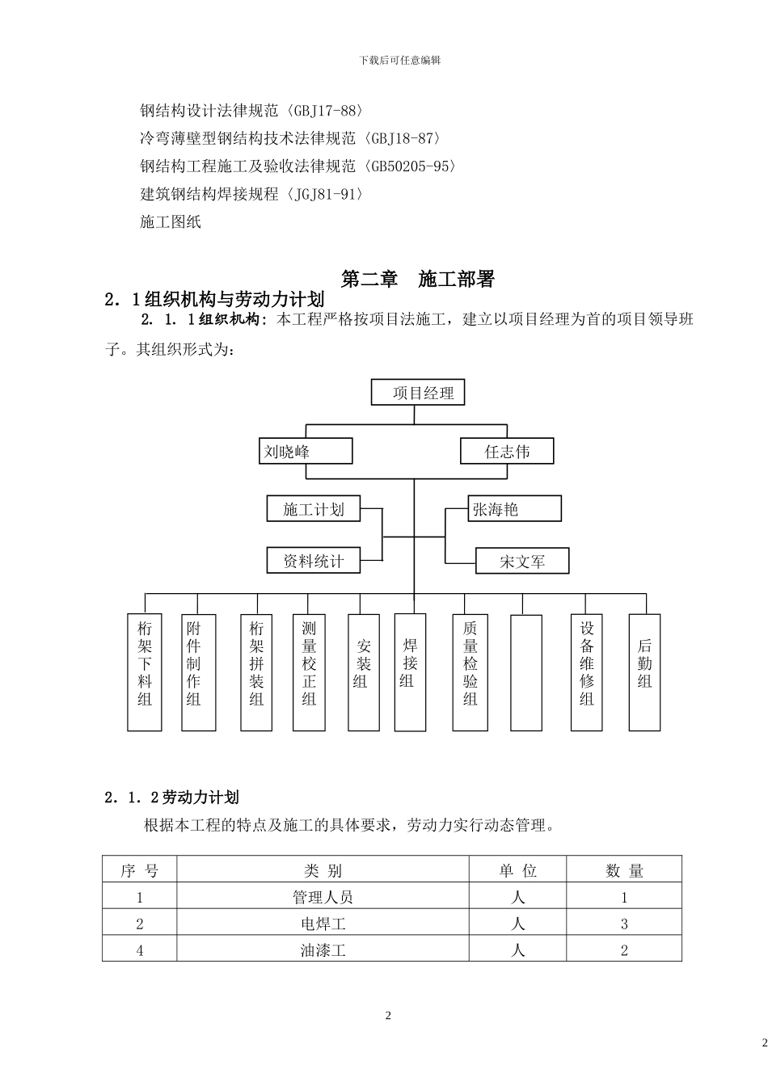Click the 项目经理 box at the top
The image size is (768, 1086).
point(418,394)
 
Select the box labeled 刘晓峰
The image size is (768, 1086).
point(306,451)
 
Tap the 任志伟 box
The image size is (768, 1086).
point(507,451)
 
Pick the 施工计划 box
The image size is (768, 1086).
point(313,509)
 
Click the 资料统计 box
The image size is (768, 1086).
point(313,560)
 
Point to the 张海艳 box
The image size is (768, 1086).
point(515,509)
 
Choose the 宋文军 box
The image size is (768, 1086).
point(522,561)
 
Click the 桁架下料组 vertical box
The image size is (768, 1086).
point(145,672)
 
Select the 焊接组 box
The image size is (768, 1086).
point(410,672)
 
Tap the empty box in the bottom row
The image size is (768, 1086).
point(526,672)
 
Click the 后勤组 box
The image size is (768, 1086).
point(644,672)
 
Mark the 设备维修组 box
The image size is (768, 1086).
point(587,672)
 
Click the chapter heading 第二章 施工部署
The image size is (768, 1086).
point(417,280)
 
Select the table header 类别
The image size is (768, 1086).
point(323,870)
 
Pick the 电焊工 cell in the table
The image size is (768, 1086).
point(323,924)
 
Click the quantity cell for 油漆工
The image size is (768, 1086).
point(624,950)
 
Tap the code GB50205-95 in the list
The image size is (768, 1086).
point(410,166)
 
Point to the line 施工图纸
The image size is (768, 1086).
point(171,221)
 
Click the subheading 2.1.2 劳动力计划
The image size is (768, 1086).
point(171,798)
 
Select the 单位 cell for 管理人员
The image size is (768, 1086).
point(517,897)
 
